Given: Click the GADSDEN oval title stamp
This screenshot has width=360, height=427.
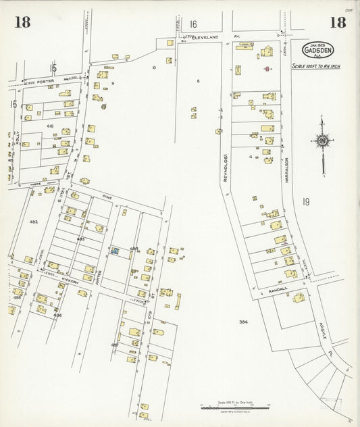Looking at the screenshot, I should coord(317,51).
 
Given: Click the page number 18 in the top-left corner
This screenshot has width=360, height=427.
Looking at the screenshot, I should coord(22,22).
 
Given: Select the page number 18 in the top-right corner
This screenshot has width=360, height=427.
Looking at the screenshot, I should coord(338,22).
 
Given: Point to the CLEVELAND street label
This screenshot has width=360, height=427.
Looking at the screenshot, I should coord(207,38).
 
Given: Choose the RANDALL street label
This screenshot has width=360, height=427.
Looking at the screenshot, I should coord(278,289).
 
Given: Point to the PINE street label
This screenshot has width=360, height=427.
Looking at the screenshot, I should coord(105,197).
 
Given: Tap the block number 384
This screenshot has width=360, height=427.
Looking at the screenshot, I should coord(243,322).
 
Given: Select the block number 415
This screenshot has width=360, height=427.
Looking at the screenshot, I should coord(50,126).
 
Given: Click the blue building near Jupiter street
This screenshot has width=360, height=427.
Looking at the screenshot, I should coord(115,251).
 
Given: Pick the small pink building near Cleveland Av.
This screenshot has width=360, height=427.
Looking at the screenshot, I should coord(267,68).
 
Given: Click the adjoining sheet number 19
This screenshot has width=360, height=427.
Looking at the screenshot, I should coord(305,201).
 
